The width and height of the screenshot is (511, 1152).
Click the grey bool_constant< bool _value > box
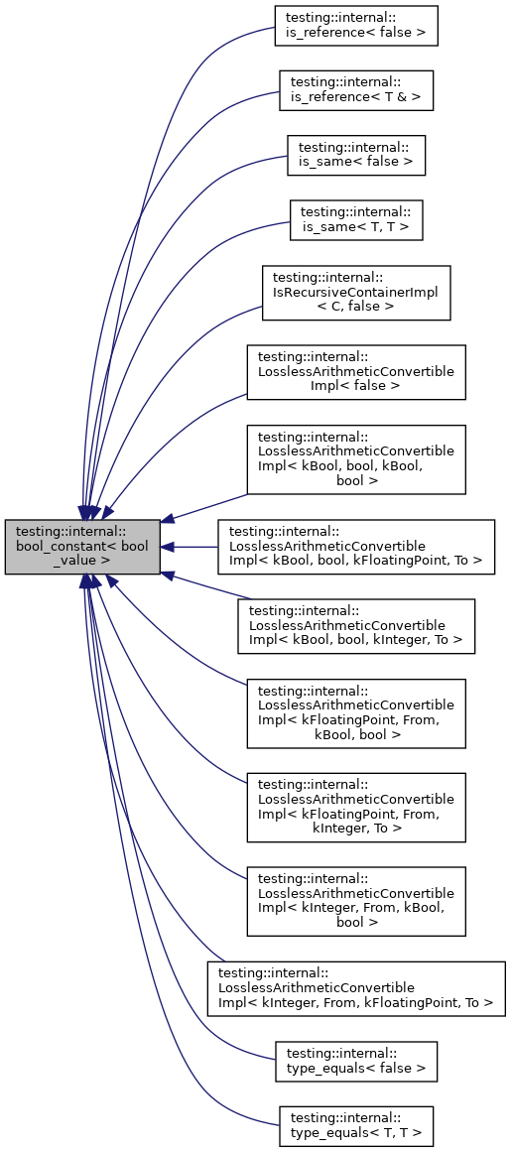point(82,546)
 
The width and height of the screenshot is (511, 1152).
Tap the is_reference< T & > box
point(356,89)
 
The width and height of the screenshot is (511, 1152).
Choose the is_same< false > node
point(356,155)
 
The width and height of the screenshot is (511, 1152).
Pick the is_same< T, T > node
point(356,220)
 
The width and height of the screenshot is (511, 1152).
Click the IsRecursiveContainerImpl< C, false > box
point(356,293)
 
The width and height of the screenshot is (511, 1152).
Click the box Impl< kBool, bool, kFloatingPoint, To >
point(356,546)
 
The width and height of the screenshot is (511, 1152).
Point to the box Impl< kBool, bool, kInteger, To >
point(356,626)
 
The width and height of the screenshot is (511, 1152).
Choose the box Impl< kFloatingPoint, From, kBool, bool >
point(356,713)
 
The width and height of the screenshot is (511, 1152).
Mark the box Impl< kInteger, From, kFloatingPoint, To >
point(356,987)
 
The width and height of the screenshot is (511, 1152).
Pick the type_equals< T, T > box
point(356,1125)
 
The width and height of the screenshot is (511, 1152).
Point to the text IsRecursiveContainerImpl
point(356,293)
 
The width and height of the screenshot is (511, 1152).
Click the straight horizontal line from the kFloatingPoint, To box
point(193,546)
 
